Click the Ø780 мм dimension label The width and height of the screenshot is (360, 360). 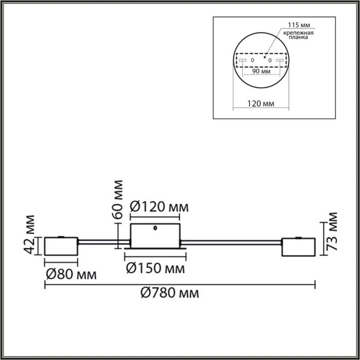tap(169, 294)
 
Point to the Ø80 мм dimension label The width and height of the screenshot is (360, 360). tap(71, 274)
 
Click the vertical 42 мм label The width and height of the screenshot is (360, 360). tap(31, 234)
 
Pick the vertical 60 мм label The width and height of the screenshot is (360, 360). tap(118, 199)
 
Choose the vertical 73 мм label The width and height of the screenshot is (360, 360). tap(333, 230)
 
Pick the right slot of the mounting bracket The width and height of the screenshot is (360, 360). tap(280, 61)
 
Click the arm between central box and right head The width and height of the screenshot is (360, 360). tap(231, 241)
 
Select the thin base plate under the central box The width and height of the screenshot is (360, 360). tap(155, 251)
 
